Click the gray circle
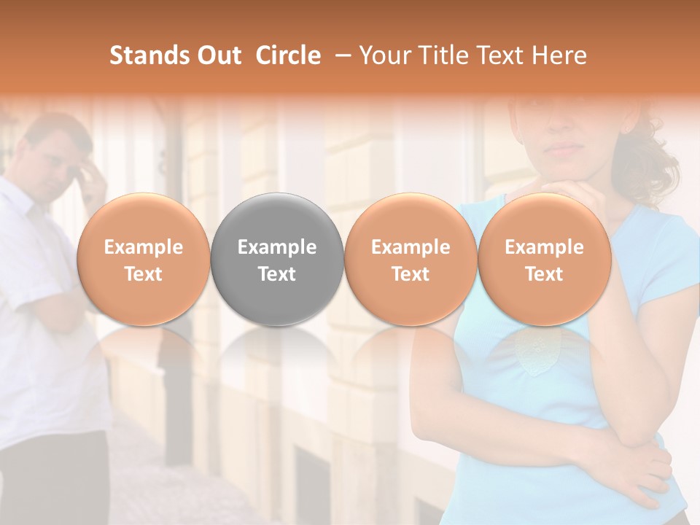[x=277, y=259]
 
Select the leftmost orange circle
[x=143, y=259]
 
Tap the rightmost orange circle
[x=544, y=259]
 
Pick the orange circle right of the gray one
[x=411, y=259]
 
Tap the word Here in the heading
[x=559, y=55]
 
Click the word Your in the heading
[x=384, y=55]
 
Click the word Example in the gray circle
[x=277, y=247]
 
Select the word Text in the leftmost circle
[x=143, y=274]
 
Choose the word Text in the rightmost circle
[x=544, y=274]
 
